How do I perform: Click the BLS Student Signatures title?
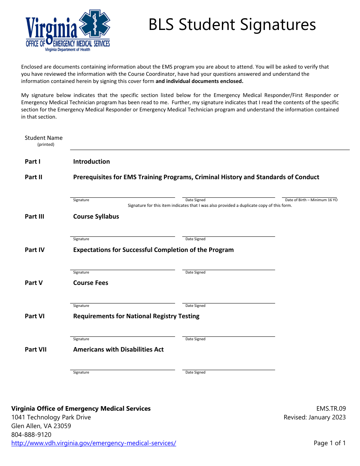point(232,25)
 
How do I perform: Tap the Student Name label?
point(44,138)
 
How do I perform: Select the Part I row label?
point(33,162)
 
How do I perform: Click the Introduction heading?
point(91,162)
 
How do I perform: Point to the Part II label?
point(33,177)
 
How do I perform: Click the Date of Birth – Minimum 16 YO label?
point(311,200)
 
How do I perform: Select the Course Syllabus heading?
point(96,217)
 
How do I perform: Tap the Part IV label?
point(34,250)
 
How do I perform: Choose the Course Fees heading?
point(91,283)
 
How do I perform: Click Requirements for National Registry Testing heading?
point(136,316)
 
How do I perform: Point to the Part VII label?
point(36,350)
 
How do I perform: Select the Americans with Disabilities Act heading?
point(118,350)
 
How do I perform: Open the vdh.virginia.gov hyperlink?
point(94,443)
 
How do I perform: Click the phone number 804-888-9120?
point(31,435)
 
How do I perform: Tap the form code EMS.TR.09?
point(331,409)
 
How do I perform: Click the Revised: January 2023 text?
point(315,418)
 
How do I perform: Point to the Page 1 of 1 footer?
point(329,443)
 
